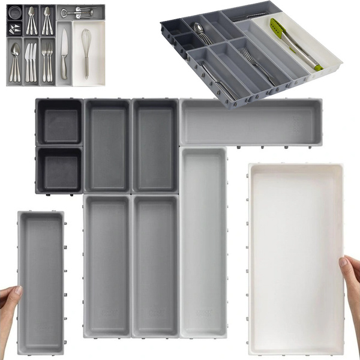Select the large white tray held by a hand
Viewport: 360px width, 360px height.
tap(295, 258)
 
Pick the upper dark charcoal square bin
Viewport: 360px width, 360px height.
tap(59, 122)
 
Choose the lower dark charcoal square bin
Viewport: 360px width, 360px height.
tap(59, 169)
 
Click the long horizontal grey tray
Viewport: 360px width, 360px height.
tap(250, 122)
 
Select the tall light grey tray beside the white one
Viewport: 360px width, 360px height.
tap(203, 240)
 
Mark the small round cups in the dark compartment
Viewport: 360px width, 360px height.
tap(14, 13)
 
